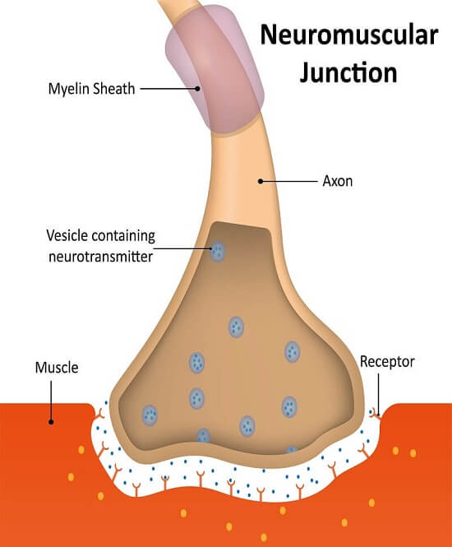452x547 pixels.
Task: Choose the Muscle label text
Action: pos(56,368)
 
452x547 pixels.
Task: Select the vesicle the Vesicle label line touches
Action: pos(218,251)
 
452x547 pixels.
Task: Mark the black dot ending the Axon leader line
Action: pos(261,180)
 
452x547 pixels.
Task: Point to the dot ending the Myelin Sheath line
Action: pos(197,86)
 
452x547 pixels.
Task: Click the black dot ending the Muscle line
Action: pos(51,420)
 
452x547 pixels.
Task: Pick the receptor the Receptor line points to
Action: pos(375,410)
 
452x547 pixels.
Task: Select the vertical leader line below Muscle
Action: pos(51,399)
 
